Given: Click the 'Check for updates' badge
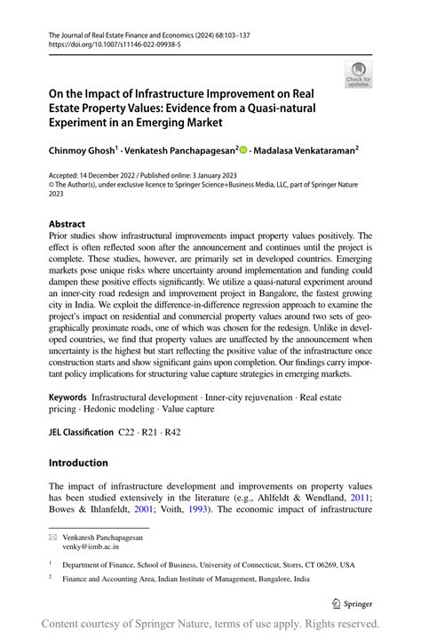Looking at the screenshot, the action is click(x=360, y=75).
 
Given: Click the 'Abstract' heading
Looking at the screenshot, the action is click(x=67, y=224).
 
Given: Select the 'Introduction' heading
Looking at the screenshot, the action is click(x=78, y=463).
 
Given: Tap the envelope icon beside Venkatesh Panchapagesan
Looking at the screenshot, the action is click(x=54, y=539).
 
